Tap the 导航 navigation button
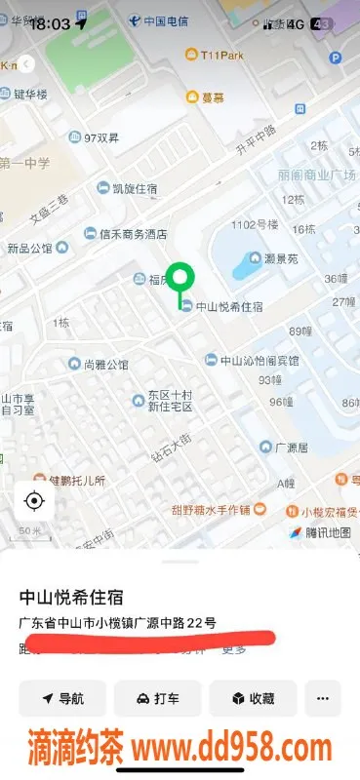coord(62,698)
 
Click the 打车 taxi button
coord(157,698)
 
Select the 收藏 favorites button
coord(253,698)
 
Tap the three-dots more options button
coord(323,698)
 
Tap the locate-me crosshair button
coord(34,502)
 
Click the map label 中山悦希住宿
coord(228,306)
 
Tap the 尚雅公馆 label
coord(105,365)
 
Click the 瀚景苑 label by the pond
coord(283,259)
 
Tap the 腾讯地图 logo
coord(327,532)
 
